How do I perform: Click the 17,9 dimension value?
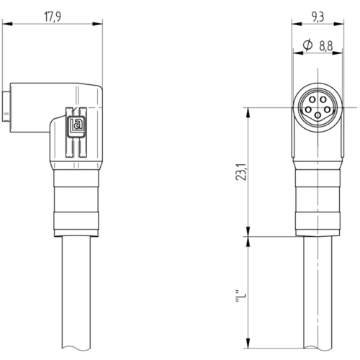point(53,17)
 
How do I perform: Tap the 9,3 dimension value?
point(318,17)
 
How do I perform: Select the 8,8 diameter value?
point(326,46)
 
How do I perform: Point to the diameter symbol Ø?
point(307,45)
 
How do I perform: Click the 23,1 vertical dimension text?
point(241,172)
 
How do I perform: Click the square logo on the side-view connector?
point(76,127)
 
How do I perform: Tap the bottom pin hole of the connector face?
point(318,116)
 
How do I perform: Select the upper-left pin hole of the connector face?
point(312,99)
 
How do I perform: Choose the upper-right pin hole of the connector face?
point(323,99)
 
